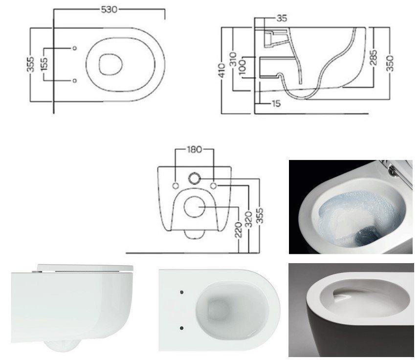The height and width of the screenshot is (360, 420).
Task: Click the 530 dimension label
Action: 109,9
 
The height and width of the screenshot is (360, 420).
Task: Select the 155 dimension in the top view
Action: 44,64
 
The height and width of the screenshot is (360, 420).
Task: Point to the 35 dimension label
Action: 282,18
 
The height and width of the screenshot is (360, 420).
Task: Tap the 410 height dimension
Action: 222,70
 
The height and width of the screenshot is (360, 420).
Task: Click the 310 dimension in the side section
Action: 233,59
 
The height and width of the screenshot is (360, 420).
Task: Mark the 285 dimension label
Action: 374,57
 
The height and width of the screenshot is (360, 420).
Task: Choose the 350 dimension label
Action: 390,63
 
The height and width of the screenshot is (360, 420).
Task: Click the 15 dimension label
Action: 276,104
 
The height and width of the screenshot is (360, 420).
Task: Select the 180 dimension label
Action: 195,149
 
